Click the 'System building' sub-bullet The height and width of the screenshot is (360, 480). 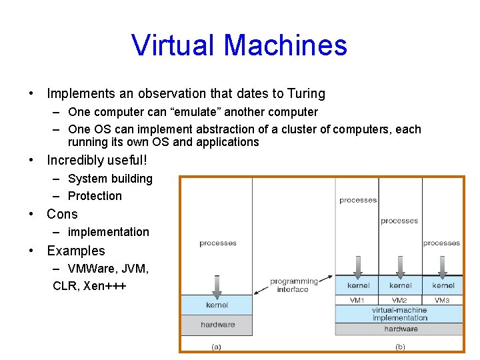[x=110, y=179]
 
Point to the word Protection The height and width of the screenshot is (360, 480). [x=95, y=196]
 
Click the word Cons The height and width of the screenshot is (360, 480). [x=62, y=214]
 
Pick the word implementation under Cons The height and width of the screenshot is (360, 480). [x=108, y=232]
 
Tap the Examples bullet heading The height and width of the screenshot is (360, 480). [x=76, y=251]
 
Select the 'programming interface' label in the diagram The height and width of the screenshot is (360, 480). [x=293, y=285]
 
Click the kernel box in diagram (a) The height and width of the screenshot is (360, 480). [x=217, y=305]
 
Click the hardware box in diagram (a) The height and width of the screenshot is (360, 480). [x=217, y=325]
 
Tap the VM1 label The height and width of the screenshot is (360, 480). [x=357, y=301]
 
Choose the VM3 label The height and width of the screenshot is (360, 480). [x=442, y=301]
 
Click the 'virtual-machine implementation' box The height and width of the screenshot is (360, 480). [x=399, y=314]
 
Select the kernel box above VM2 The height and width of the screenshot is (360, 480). [x=400, y=285]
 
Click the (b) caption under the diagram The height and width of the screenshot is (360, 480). [x=400, y=346]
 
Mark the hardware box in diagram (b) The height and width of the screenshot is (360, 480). [x=400, y=329]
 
